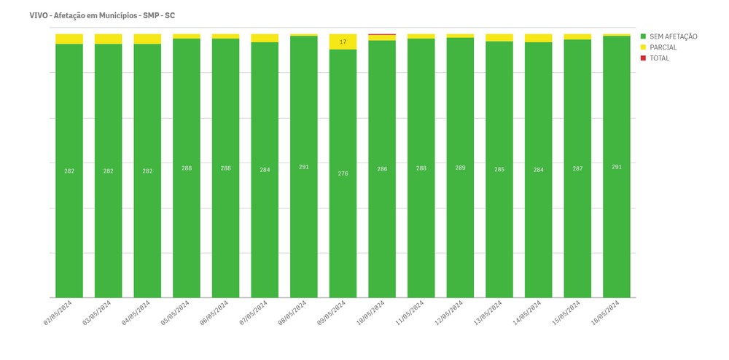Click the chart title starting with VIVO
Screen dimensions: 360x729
point(102,15)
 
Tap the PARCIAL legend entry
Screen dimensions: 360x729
point(663,47)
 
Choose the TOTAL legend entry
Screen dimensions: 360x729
point(659,58)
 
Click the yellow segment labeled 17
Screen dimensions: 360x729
point(343,42)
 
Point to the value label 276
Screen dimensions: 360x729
point(343,173)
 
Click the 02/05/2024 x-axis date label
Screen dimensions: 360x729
point(58,312)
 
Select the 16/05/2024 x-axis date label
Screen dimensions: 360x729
point(606,312)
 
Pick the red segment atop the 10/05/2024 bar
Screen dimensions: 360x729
point(382,34)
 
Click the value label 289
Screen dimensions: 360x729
point(461,168)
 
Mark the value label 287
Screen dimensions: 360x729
point(578,168)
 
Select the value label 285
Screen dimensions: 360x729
point(499,170)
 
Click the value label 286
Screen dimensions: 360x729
point(382,169)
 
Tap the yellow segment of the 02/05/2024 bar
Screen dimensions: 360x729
point(69,39)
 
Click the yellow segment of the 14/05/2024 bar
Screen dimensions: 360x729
point(539,38)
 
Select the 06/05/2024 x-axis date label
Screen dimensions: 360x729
point(215,312)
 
